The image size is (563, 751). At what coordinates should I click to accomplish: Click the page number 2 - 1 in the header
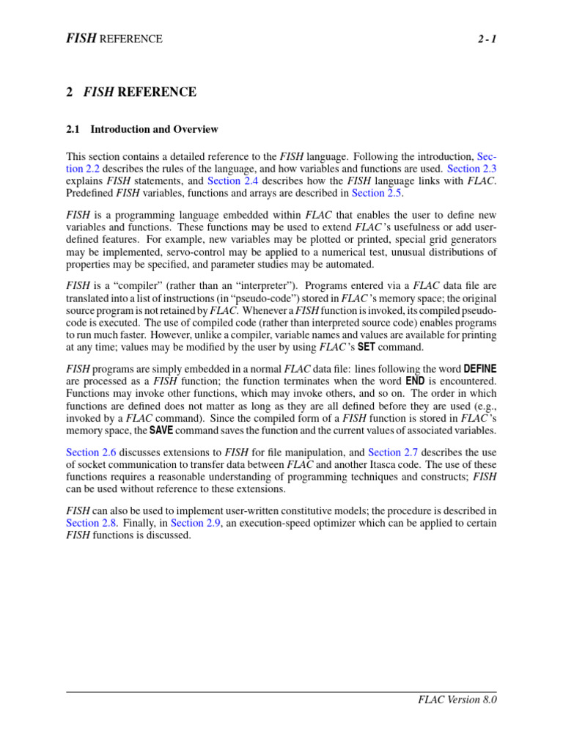click(484, 39)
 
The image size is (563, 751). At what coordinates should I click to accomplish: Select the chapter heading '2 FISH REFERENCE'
click(131, 92)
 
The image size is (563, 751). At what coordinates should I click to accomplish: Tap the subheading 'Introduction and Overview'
click(154, 129)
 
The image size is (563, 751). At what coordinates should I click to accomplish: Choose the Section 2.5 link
click(378, 193)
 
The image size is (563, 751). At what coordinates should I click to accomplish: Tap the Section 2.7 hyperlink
click(394, 453)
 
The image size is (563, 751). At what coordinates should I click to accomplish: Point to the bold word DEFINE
click(480, 368)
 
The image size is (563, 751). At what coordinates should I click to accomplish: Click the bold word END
click(415, 381)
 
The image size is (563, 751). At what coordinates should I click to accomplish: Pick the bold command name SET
click(366, 348)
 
